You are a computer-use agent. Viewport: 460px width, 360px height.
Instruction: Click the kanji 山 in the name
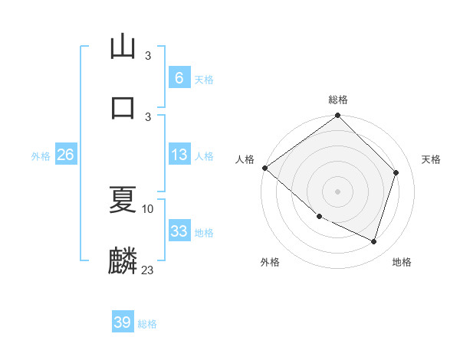pos(123,47)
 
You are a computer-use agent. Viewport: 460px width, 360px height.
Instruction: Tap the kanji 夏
pos(123,201)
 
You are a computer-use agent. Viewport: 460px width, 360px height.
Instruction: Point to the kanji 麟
pos(123,261)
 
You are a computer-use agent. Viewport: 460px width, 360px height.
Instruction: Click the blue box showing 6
pos(179,78)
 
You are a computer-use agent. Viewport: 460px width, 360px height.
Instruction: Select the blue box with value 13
pos(179,155)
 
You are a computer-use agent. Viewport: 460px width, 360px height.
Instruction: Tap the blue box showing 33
pos(179,232)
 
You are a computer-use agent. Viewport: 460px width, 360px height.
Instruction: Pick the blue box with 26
pos(65,155)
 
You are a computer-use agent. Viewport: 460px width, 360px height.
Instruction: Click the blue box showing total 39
pos(122,323)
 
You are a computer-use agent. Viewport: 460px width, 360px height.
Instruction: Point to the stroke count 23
pos(147,270)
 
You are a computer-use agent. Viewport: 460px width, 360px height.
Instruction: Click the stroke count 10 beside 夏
pos(147,208)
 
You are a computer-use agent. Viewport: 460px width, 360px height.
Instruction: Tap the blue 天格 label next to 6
pos(204,79)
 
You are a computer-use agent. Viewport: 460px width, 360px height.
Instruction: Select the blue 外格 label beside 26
pos(41,156)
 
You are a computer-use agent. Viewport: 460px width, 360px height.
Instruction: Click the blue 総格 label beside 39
pos(147,324)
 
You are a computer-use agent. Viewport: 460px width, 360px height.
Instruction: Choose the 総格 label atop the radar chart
pos(337,100)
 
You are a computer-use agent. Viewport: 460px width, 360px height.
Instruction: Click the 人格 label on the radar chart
pos(245,159)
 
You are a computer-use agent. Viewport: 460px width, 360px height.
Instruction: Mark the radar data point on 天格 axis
pos(396,172)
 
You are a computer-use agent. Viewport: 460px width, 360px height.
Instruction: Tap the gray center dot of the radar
pos(337,191)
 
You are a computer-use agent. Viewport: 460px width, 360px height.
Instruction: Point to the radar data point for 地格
pos(374,242)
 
